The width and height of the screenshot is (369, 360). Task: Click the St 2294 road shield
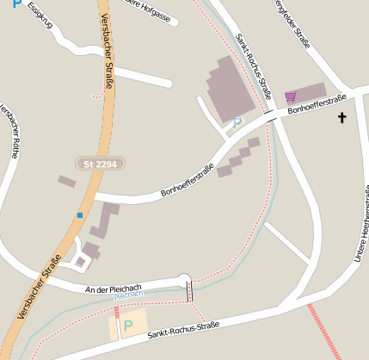[101, 163]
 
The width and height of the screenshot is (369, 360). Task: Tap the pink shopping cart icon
[291, 96]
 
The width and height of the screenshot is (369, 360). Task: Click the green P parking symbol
[128, 326]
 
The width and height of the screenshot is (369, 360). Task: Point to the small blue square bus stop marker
[80, 214]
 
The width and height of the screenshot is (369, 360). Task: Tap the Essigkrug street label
[40, 16]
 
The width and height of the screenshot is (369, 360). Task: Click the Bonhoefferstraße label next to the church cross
[317, 104]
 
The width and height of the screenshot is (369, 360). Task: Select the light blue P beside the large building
[237, 123]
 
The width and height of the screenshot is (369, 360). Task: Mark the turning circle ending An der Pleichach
[182, 279]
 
